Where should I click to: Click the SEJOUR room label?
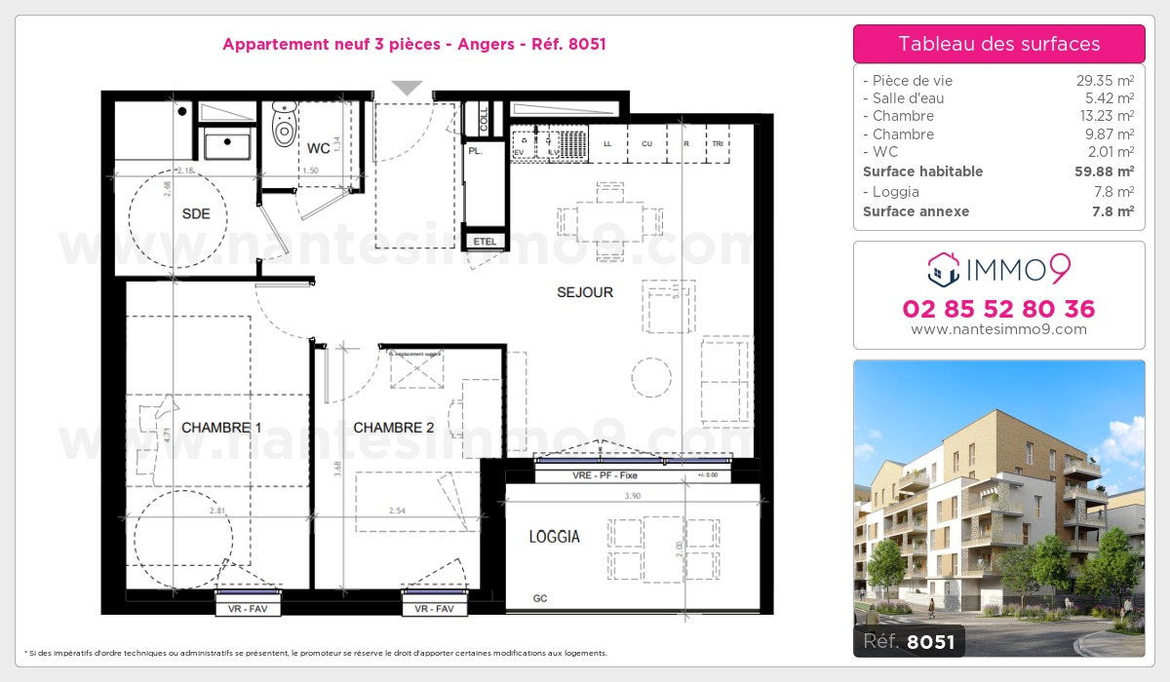pyautogui.click(x=585, y=292)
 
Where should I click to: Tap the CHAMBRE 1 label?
pyautogui.click(x=221, y=428)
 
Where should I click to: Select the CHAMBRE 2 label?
pyautogui.click(x=393, y=428)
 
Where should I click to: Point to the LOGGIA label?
pyautogui.click(x=554, y=537)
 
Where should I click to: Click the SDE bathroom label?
pyautogui.click(x=196, y=214)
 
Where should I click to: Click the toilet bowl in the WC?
pyautogui.click(x=284, y=130)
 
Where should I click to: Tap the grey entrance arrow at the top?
pyautogui.click(x=407, y=88)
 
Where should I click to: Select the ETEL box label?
pyautogui.click(x=484, y=241)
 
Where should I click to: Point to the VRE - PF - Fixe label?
pyautogui.click(x=605, y=475)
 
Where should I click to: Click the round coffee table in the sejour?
pyautogui.click(x=650, y=376)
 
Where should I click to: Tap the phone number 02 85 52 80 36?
pyautogui.click(x=998, y=309)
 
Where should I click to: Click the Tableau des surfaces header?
pyautogui.click(x=998, y=44)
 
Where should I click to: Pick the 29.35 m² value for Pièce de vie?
pyautogui.click(x=1104, y=81)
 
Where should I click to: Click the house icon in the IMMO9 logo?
pyautogui.click(x=943, y=269)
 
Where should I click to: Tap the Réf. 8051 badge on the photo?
pyautogui.click(x=910, y=641)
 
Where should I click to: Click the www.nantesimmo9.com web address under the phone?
pyautogui.click(x=998, y=329)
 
